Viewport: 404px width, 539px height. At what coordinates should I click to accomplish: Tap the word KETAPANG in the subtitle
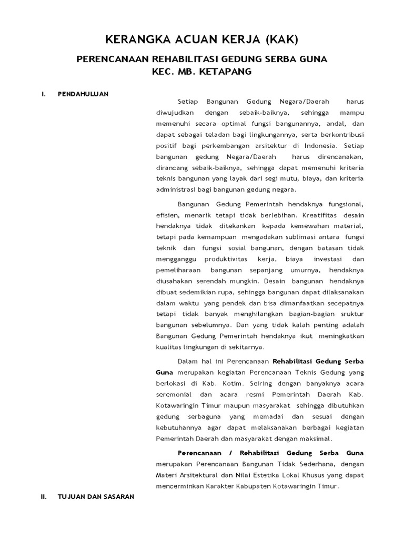tap(226, 71)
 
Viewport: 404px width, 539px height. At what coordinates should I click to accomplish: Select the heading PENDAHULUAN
tap(83, 94)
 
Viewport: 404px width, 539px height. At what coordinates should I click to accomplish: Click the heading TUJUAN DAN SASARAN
tap(96, 496)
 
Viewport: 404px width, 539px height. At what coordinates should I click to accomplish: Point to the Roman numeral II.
tap(44, 496)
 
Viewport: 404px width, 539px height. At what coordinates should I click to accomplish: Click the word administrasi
tap(177, 189)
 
